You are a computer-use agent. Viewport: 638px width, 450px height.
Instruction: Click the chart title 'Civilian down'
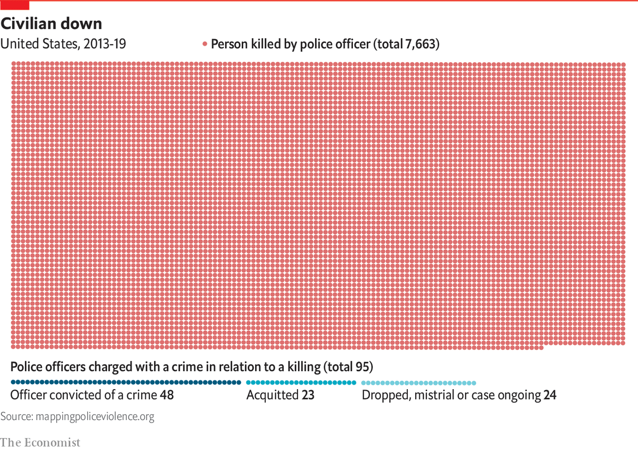click(51, 23)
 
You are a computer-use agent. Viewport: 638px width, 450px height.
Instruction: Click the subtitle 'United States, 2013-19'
click(63, 44)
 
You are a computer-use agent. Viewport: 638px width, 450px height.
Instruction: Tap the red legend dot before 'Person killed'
click(204, 44)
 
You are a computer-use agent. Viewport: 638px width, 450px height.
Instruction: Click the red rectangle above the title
click(14, 5)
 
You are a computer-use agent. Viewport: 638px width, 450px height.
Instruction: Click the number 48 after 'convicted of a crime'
click(166, 395)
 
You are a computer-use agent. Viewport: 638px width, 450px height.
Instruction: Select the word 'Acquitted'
click(272, 395)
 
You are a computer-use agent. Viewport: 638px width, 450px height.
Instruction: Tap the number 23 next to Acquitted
click(308, 395)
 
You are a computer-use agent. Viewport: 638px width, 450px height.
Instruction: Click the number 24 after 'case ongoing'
click(550, 395)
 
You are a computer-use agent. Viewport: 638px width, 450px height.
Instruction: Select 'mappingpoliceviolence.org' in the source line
click(95, 417)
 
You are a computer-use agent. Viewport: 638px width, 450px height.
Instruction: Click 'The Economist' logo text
click(40, 442)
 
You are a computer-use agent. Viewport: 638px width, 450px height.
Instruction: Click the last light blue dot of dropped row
click(474, 383)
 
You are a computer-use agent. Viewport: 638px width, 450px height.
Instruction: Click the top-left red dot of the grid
click(13, 64)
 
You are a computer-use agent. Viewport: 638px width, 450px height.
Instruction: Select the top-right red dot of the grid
click(623, 64)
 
